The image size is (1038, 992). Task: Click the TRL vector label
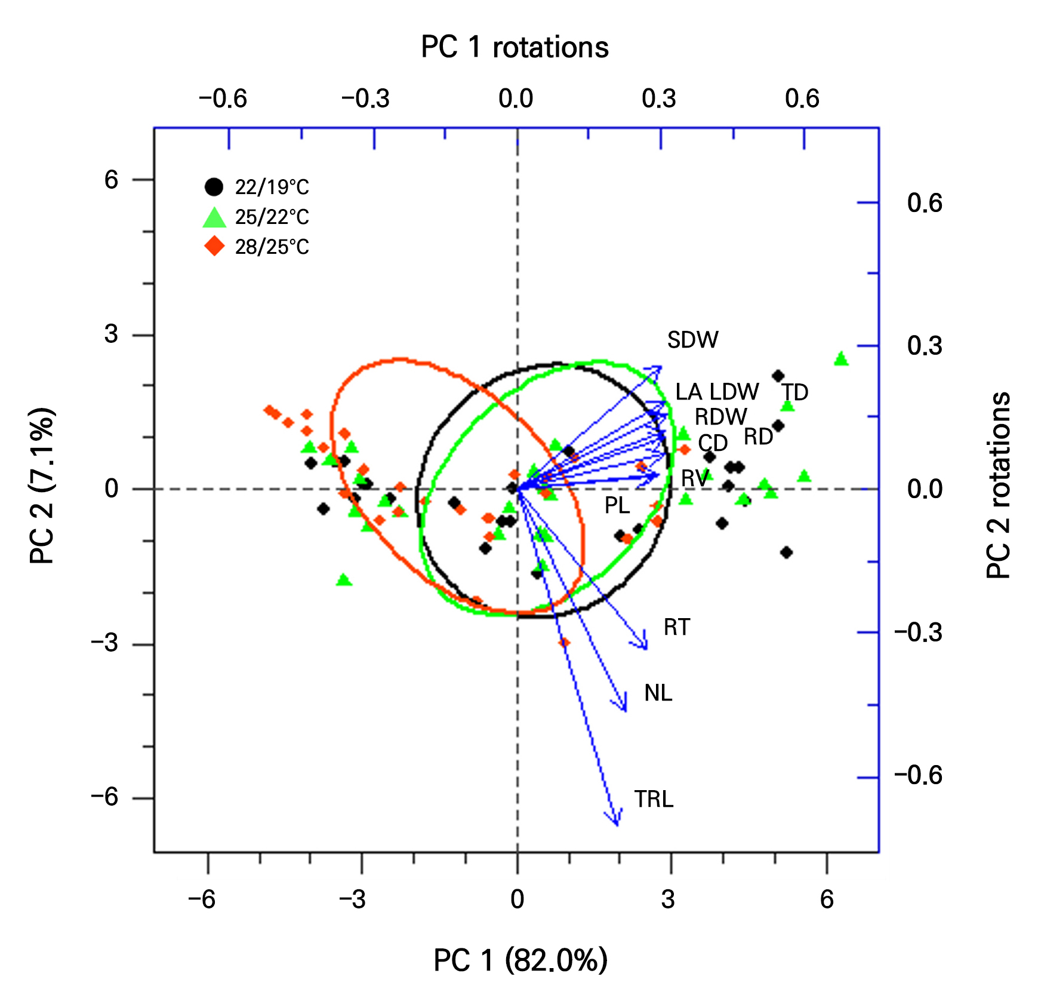point(654,799)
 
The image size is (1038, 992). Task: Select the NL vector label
point(658,693)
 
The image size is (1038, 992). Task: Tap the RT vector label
point(676,627)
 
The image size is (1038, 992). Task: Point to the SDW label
point(692,340)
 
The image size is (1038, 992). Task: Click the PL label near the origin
point(617,505)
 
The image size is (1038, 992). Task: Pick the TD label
point(795,392)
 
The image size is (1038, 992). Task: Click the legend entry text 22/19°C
point(272,188)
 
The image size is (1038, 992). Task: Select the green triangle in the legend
point(214,217)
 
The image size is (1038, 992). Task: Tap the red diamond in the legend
point(214,246)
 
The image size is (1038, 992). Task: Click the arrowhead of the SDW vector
point(661,367)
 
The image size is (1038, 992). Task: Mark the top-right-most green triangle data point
point(841,359)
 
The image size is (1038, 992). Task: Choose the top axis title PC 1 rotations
point(515,47)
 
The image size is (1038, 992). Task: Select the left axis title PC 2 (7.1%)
point(42,486)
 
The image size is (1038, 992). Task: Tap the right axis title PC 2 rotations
point(998,485)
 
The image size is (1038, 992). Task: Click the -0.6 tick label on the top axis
point(223,99)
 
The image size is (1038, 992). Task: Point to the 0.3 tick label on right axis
point(924,346)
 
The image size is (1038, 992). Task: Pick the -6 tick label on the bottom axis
point(202,899)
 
